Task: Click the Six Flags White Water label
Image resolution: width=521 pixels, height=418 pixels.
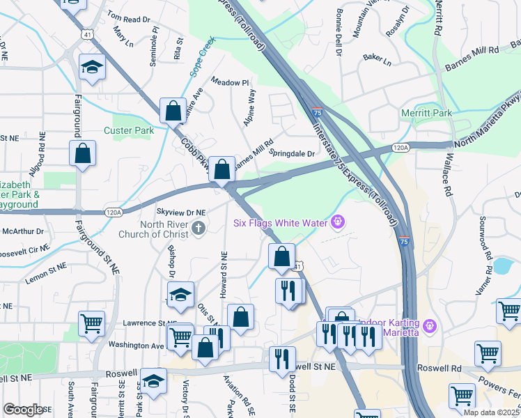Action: coord(281,223)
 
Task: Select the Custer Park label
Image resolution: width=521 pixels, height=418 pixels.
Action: coord(128,130)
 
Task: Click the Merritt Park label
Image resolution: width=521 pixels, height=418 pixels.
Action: coord(426,113)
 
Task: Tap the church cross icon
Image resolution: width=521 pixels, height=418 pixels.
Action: coord(199,228)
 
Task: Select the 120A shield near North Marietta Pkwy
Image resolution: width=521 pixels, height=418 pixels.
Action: coord(400,148)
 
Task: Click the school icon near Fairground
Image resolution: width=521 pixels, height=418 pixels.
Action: coord(91,68)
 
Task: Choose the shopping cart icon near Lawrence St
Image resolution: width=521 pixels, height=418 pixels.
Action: coord(91,323)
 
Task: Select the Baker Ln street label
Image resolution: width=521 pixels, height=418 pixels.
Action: coord(377,60)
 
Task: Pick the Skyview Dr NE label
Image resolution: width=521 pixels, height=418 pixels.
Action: coord(181,211)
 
